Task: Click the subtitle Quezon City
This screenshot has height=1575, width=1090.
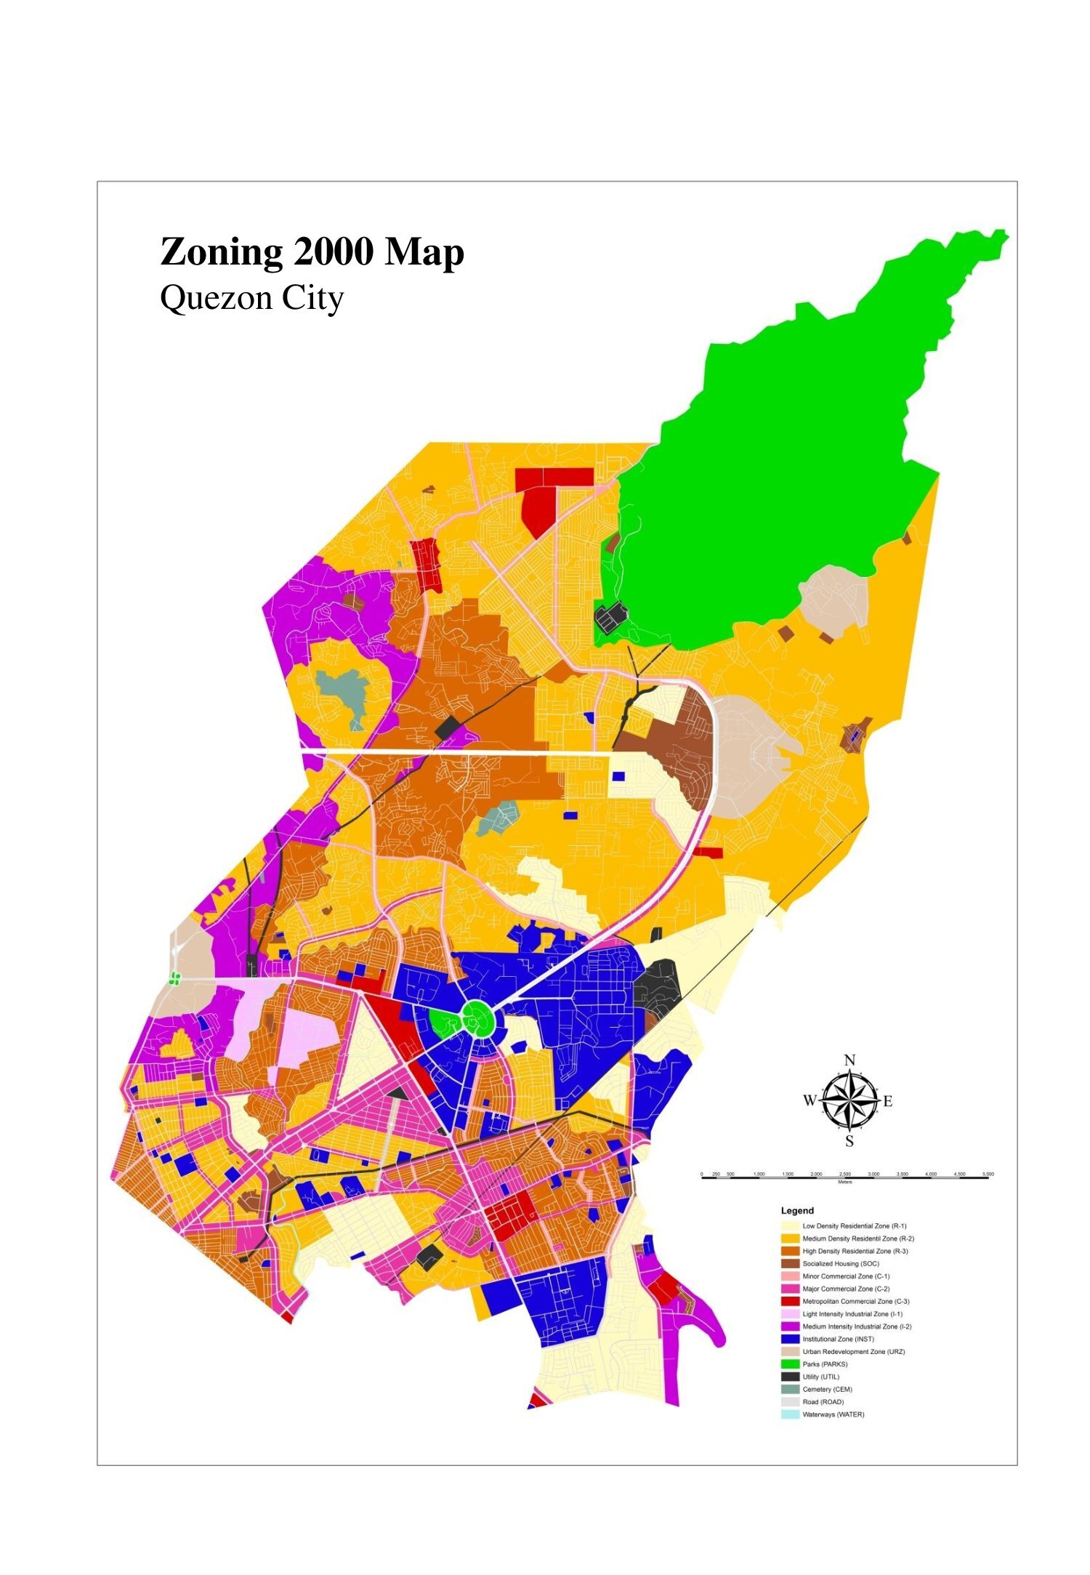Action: [251, 298]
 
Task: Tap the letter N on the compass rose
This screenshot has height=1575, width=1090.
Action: [849, 1060]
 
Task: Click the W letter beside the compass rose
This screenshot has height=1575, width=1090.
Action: [810, 1101]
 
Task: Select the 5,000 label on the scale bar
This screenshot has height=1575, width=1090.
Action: [988, 1174]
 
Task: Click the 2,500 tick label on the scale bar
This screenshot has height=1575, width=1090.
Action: [844, 1174]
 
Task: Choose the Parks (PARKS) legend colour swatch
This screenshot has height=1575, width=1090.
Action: [790, 1364]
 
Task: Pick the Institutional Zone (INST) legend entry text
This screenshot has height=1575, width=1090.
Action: [838, 1339]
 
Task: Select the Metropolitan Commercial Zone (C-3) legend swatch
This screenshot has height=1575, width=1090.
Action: [790, 1301]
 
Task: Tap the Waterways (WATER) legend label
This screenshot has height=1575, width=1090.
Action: [833, 1414]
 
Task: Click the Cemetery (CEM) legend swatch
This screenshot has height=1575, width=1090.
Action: [790, 1389]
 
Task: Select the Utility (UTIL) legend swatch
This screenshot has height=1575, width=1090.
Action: [790, 1377]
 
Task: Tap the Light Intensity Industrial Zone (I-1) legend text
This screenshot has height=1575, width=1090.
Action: [852, 1314]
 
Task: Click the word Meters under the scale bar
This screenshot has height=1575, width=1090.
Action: [844, 1183]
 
